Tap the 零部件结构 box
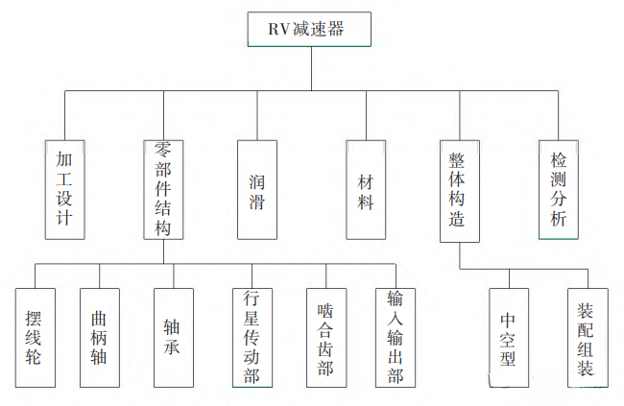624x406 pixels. point(163,189)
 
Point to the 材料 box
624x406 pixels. point(366,189)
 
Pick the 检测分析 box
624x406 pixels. point(559,189)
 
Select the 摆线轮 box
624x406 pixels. point(36,337)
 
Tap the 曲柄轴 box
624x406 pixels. point(99,337)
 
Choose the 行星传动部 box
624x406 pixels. point(252,337)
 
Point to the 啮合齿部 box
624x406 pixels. point(326,337)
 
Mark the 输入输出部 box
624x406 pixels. point(395,337)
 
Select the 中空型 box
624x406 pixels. point(508,337)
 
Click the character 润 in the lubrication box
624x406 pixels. point(257,178)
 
